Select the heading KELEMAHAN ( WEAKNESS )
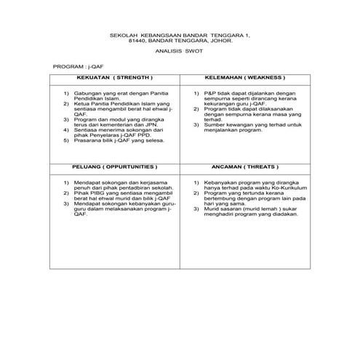pos(244,77)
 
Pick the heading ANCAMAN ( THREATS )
pos(244,167)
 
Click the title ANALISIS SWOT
pos(179,52)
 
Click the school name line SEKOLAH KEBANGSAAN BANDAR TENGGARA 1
pos(179,33)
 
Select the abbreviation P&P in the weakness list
pos(210,94)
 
